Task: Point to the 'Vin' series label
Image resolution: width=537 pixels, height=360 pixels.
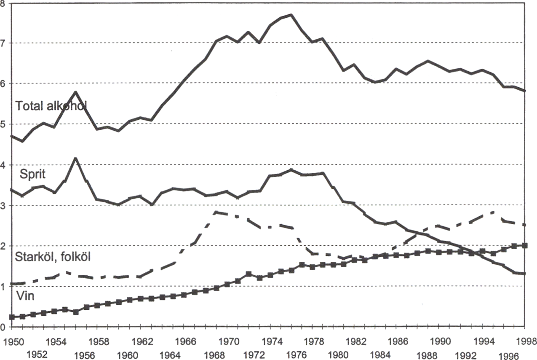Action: point(25,296)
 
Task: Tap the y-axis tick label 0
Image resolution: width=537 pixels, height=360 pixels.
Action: point(3,327)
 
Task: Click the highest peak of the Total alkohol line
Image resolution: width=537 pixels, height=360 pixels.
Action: point(291,15)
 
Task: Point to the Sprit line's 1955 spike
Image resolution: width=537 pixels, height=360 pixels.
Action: point(75,158)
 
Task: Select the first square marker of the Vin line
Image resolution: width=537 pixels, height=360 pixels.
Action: point(12,317)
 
